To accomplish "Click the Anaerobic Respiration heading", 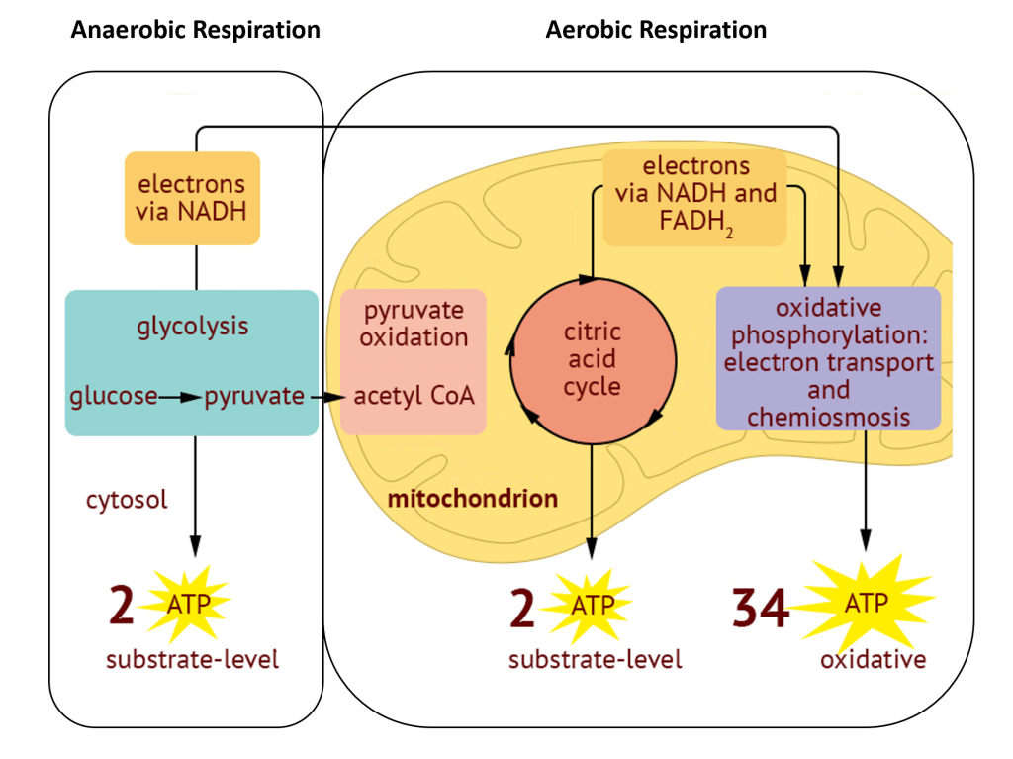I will pos(195,30).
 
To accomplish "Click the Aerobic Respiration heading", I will pos(656,30).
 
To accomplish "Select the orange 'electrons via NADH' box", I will pos(192,198).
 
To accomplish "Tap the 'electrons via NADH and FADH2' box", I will pos(695,198).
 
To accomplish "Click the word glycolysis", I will pos(192,326).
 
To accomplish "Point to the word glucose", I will pos(114,397).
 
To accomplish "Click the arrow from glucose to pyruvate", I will pos(181,397).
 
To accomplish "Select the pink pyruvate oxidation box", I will pos(414,361).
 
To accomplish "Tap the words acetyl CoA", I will pos(414,397).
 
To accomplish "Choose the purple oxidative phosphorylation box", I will pos(828,359).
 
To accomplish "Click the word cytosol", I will pos(127,499).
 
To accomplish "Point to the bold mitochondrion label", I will pos(472,498).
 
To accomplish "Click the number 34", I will pos(761,609).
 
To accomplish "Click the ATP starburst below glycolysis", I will pos(188,603).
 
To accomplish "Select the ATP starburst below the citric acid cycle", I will pos(591,605).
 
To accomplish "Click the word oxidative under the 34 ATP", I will pos(873,659).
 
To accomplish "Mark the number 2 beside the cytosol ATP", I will pos(121,606).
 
